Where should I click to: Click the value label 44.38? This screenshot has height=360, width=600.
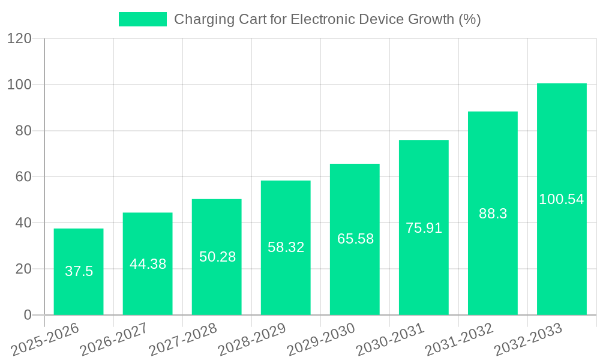(x=148, y=264)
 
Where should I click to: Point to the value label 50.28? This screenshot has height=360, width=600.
(x=217, y=257)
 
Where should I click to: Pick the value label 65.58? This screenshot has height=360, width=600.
(x=355, y=239)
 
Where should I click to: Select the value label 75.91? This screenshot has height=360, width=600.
(x=424, y=228)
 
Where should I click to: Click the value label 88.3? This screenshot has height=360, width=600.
(x=493, y=214)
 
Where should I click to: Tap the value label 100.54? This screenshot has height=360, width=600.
(x=562, y=199)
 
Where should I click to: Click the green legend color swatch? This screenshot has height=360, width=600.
(x=143, y=19)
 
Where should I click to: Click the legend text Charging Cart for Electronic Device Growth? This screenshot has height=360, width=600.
(x=327, y=19)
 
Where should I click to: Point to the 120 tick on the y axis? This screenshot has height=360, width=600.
(x=19, y=38)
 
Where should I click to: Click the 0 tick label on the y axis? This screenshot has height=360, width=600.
(x=27, y=315)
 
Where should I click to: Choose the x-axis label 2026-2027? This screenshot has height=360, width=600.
(x=114, y=340)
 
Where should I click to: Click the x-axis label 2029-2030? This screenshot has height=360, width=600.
(x=321, y=340)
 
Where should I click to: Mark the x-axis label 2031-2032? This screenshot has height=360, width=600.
(x=459, y=340)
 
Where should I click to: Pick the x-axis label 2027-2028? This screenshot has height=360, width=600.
(x=183, y=340)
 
